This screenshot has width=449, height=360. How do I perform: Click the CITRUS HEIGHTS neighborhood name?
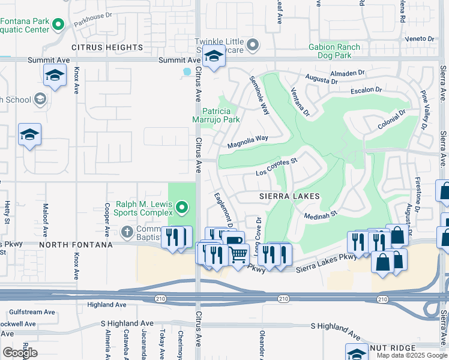tap(107, 47)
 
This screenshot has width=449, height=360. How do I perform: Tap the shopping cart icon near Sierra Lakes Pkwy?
tap(239, 254)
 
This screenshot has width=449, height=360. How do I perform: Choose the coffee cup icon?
tap(234, 241)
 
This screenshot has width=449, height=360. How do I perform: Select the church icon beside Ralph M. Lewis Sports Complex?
tap(127, 231)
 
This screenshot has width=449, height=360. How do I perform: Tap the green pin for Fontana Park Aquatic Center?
tap(58, 25)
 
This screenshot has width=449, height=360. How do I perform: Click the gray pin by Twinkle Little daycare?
tap(253, 45)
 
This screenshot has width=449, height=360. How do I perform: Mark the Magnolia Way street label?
tap(247, 142)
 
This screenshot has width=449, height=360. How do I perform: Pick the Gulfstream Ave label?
tap(32, 312)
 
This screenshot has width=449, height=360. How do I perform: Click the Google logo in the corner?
tap(20, 353)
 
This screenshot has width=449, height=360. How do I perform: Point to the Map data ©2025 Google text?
tap(411, 355)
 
